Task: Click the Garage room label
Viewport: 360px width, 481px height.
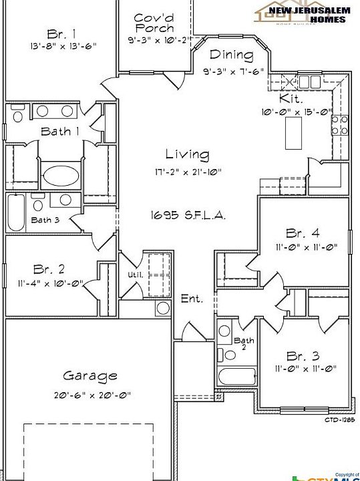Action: tap(90, 376)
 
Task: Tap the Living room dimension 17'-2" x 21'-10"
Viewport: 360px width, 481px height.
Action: tap(187, 172)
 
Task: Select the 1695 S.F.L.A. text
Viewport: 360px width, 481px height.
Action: tap(187, 216)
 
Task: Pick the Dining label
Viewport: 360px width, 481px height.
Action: tap(231, 55)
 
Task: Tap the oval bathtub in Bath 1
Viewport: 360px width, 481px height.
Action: tap(61, 177)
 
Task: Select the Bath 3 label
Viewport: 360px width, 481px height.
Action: tap(45, 220)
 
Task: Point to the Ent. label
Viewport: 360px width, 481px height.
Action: tap(192, 299)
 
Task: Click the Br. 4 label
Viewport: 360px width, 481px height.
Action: tap(303, 233)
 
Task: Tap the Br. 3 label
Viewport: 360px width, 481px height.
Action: tap(303, 355)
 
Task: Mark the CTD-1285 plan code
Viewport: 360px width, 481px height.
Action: tap(339, 420)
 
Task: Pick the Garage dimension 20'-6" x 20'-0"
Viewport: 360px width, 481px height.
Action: tap(92, 395)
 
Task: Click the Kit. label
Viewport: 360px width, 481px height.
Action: tap(298, 98)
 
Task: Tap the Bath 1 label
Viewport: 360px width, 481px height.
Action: tap(60, 131)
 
